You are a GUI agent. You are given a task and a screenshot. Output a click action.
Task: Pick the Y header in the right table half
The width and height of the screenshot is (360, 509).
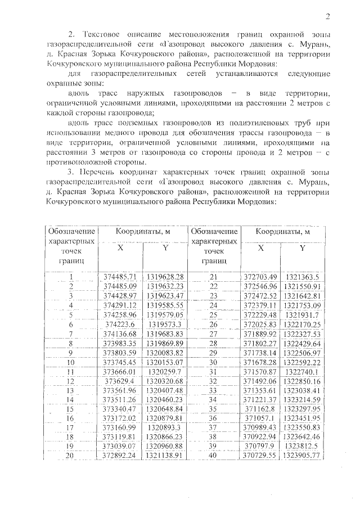[x=302, y=249]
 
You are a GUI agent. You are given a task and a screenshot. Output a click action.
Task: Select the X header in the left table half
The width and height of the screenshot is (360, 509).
[x=120, y=249]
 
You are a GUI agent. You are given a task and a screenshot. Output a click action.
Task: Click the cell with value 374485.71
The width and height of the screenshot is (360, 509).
[x=120, y=277]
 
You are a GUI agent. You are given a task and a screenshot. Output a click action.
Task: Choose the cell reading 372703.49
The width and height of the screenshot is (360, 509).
[x=260, y=277]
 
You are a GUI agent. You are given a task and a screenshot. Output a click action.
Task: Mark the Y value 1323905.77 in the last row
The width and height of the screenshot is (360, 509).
[x=302, y=455]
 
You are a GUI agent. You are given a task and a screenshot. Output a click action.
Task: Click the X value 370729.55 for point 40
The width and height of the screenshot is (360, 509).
[x=260, y=455]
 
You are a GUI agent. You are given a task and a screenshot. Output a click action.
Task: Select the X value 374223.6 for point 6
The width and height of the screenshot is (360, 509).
[x=120, y=324]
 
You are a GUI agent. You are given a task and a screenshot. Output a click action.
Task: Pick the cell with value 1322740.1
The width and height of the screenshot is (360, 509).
[x=302, y=371]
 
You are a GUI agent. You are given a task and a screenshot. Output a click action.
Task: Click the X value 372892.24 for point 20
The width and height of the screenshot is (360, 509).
[x=120, y=455]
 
